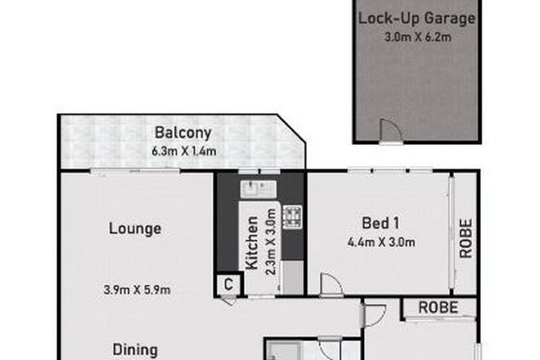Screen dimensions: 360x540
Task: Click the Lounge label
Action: click(134, 229)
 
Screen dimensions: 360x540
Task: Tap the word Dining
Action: click(134, 348)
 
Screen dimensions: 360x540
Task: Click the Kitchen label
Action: click(252, 242)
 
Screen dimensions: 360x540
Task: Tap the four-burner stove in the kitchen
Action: click(291, 216)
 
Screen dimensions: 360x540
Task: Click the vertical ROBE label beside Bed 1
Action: click(466, 237)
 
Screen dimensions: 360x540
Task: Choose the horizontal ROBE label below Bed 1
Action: click(438, 308)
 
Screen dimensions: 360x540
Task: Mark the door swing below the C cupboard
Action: click(229, 300)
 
